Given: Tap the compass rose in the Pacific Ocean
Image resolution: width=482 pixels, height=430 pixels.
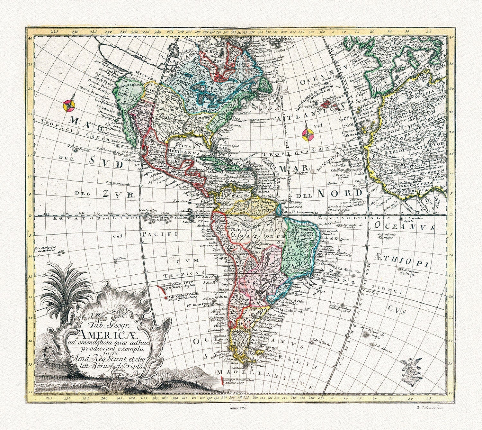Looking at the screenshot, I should (x=69, y=105).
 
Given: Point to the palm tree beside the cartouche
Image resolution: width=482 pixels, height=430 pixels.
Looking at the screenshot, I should (x=61, y=289).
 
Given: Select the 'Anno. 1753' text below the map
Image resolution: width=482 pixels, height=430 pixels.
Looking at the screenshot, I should (x=238, y=408).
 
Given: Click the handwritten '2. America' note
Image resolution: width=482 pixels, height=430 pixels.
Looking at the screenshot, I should (x=429, y=408).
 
